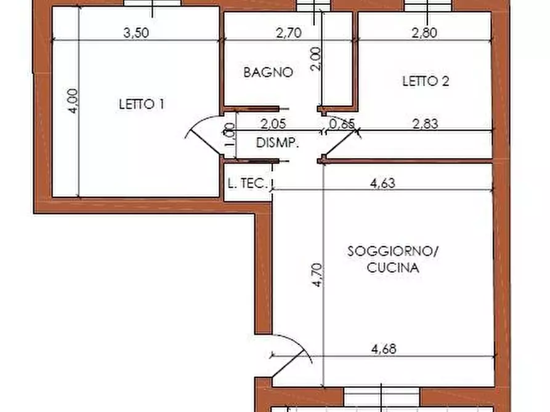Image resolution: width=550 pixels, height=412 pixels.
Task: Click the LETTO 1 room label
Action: (x=142, y=104)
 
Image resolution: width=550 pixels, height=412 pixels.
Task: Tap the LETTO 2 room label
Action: (x=426, y=81)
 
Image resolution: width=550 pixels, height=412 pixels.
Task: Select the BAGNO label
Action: (x=269, y=72)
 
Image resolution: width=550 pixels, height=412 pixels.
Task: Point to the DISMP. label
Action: (x=277, y=143)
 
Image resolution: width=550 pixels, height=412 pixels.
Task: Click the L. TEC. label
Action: (x=248, y=183)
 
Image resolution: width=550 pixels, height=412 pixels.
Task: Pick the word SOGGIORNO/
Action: (x=393, y=251)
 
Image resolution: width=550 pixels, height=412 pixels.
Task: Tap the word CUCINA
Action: (x=393, y=267)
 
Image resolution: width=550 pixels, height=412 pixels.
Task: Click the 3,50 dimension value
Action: (x=136, y=33)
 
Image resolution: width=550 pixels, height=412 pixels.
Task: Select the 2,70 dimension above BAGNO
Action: (x=289, y=33)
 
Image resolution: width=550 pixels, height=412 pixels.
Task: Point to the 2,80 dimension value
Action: (x=424, y=33)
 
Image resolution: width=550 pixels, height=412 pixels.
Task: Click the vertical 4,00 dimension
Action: (x=73, y=101)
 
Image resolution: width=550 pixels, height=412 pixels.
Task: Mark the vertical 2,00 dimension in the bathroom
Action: (x=316, y=59)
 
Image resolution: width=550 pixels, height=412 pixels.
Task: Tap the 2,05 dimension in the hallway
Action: (x=273, y=124)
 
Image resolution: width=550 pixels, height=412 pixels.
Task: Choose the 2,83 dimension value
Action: (x=425, y=124)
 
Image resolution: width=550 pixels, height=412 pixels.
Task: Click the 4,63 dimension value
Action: (x=382, y=183)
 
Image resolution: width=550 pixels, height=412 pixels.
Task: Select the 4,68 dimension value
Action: (x=384, y=349)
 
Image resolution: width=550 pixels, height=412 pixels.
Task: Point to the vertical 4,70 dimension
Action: (x=317, y=275)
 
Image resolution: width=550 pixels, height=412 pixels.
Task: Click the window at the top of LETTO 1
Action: (x=153, y=3)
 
